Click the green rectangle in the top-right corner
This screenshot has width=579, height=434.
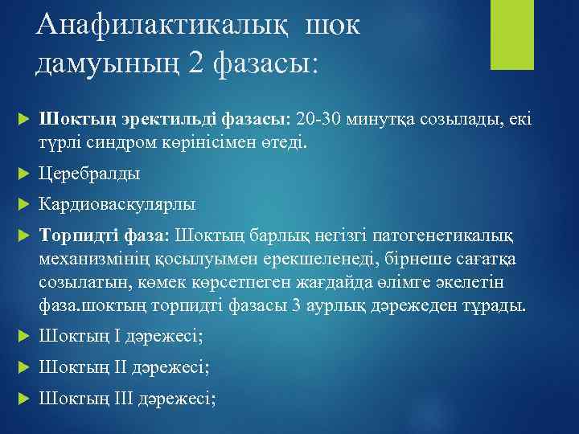click(508, 36)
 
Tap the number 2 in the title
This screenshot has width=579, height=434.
click(195, 61)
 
